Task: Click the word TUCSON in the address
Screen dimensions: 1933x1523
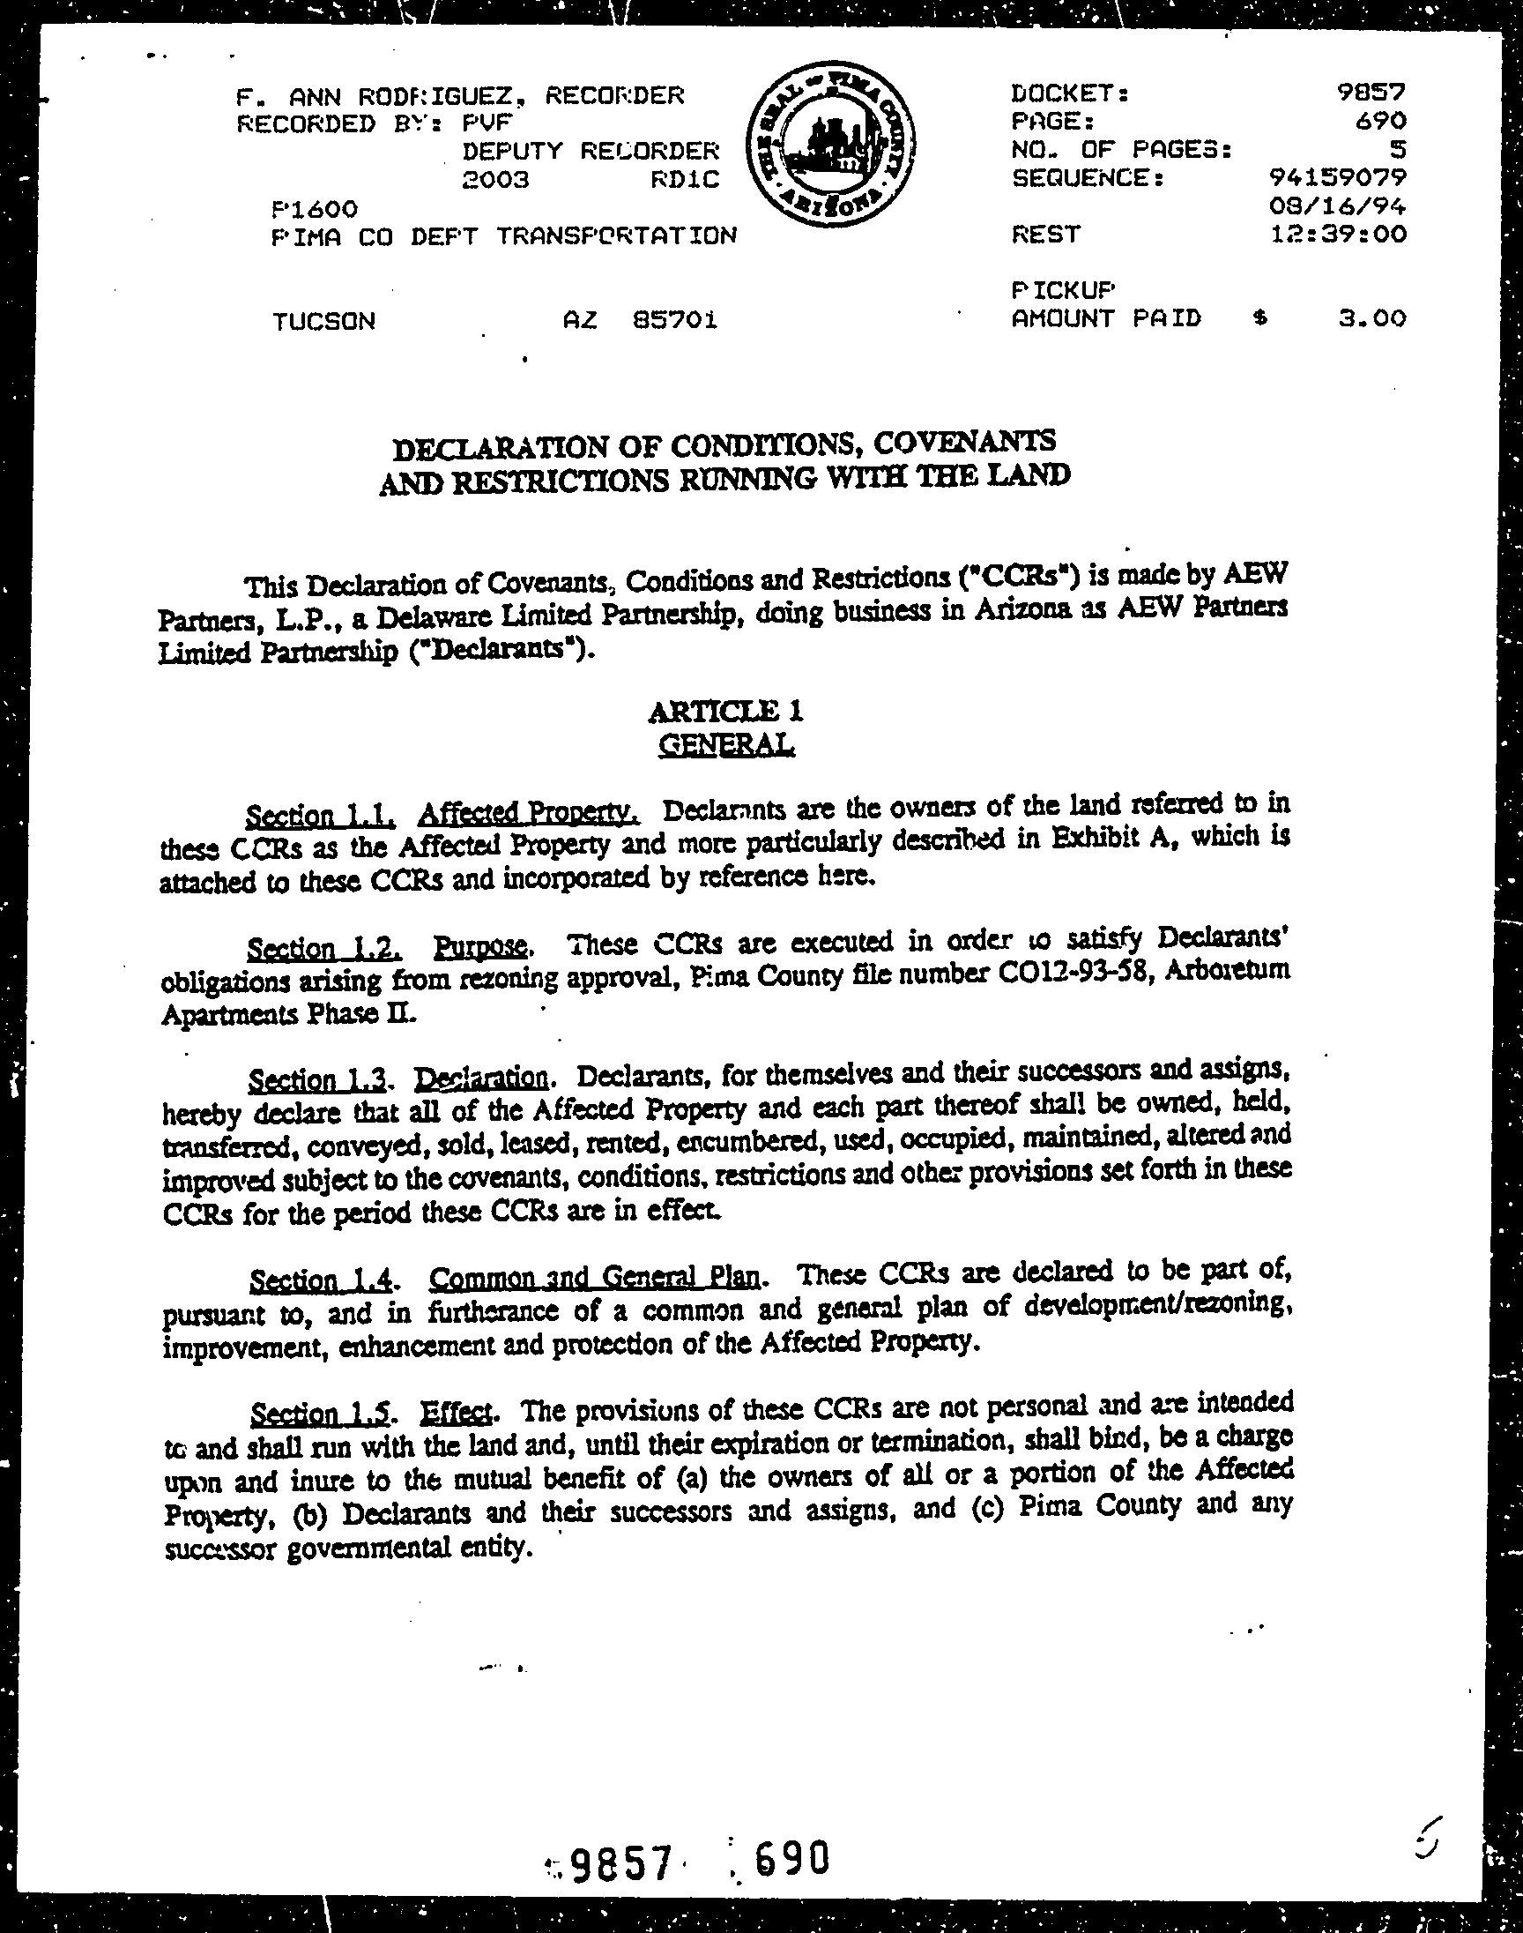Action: pyautogui.click(x=324, y=320)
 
